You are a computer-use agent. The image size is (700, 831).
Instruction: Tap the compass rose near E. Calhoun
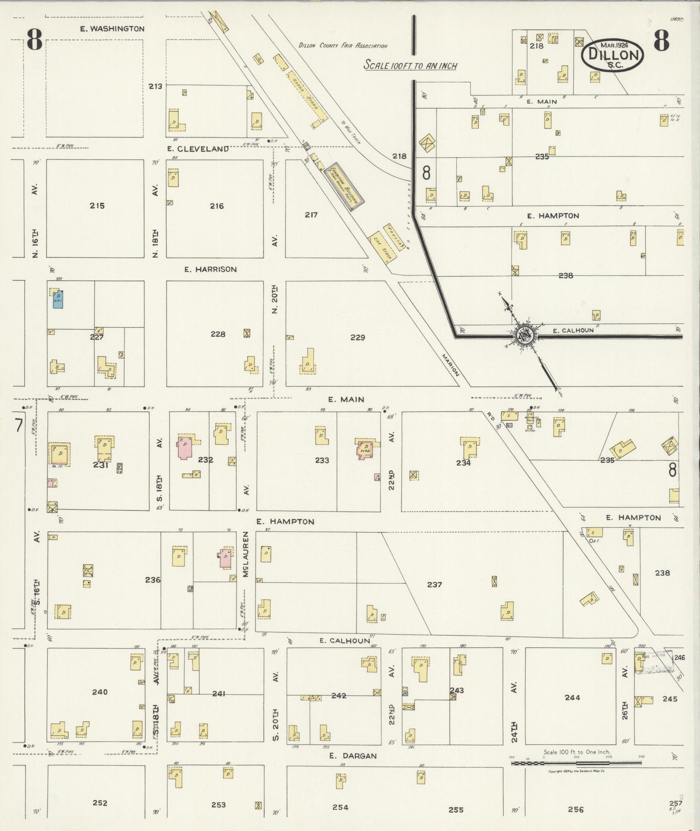pos(524,334)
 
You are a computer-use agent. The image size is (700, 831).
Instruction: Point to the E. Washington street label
pos(112,29)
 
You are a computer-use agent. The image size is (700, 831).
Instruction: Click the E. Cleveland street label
pos(198,149)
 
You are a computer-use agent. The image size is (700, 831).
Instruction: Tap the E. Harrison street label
pos(210,269)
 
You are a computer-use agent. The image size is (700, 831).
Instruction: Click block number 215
pos(97,206)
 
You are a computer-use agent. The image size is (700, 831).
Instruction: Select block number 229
pos(358,337)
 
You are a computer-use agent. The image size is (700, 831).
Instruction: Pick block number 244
pos(572,697)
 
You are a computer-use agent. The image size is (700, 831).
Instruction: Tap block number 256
pos(576,809)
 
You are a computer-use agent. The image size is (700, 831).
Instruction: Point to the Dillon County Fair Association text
pos(342,46)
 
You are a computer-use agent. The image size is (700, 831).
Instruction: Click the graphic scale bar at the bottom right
pos(576,763)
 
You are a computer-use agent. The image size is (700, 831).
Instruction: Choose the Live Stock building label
pos(381,247)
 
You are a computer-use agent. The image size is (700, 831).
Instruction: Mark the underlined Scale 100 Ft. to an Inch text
pos(410,66)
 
